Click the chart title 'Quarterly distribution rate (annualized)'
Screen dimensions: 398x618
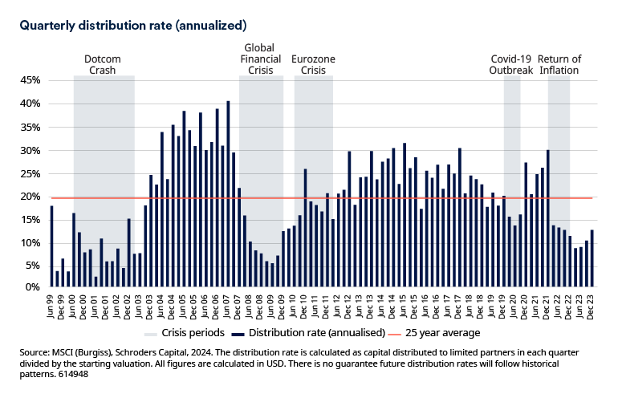(132, 26)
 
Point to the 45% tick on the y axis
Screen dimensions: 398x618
(29, 80)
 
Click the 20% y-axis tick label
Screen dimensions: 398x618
(29, 197)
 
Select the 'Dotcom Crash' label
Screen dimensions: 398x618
(104, 64)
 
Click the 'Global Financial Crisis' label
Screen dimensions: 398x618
(261, 59)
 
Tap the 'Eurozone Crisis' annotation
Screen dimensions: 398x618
(313, 64)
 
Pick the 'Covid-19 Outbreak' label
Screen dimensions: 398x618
(511, 64)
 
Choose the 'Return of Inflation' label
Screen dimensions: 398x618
(559, 64)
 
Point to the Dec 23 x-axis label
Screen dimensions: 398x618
(591, 303)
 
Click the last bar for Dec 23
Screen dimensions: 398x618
(591, 258)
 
